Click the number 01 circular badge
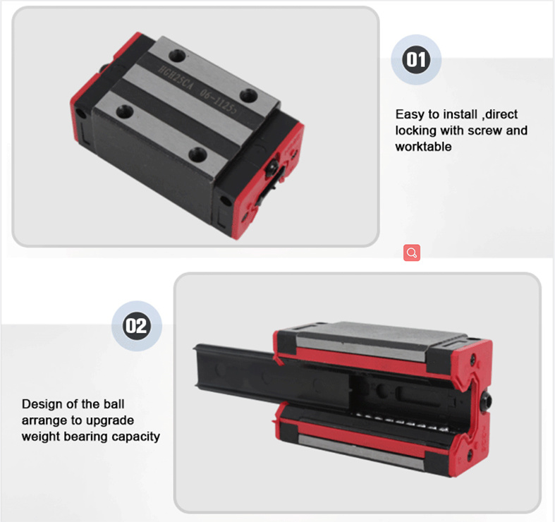point(416,60)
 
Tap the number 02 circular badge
point(137,326)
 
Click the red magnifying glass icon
point(412,253)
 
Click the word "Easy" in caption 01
point(409,114)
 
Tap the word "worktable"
point(423,147)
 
